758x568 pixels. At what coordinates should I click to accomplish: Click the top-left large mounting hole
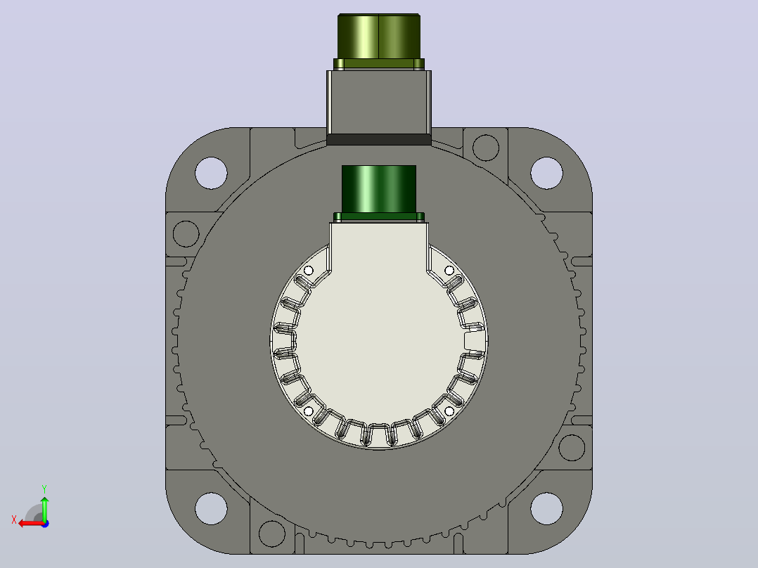point(211,173)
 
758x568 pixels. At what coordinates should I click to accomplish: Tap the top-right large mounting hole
point(547,173)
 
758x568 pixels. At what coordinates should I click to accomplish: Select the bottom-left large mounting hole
point(211,508)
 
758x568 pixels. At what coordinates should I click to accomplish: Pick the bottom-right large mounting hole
point(547,508)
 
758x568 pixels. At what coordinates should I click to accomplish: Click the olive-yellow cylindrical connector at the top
point(379,37)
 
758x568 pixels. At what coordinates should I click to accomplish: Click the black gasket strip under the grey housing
point(379,140)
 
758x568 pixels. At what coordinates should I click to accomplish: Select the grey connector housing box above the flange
point(379,102)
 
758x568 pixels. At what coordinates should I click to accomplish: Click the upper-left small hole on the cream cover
point(309,271)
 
